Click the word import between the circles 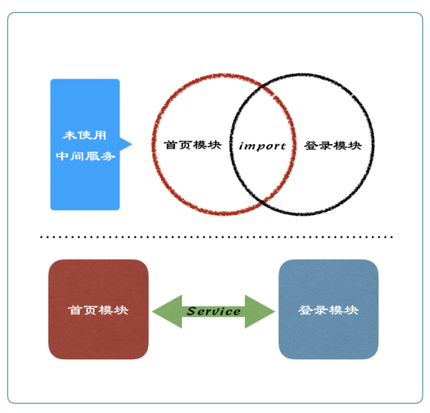(262, 146)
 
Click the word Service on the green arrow (214, 311)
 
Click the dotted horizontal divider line (215, 237)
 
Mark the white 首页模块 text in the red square (98, 310)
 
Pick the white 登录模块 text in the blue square (328, 310)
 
